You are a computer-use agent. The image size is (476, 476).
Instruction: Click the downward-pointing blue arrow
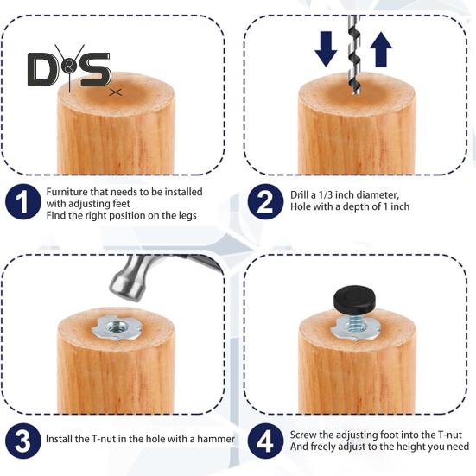326,49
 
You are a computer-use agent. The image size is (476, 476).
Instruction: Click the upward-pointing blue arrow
381,49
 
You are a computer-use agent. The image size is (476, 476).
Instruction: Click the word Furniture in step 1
69,191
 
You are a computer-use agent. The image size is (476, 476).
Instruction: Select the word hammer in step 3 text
216,440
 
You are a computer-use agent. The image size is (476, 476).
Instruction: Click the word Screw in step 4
303,434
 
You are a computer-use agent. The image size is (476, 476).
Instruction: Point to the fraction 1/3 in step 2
336,195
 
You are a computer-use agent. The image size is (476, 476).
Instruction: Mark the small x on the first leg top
116,91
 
